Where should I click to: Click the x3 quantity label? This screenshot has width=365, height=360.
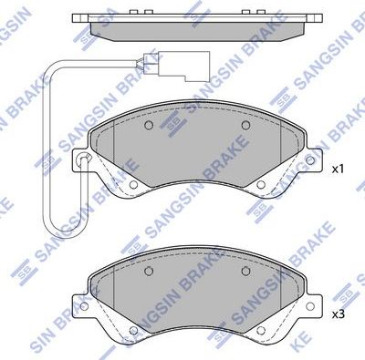[x=336, y=314]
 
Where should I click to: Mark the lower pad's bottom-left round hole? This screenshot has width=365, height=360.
[x=134, y=332]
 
